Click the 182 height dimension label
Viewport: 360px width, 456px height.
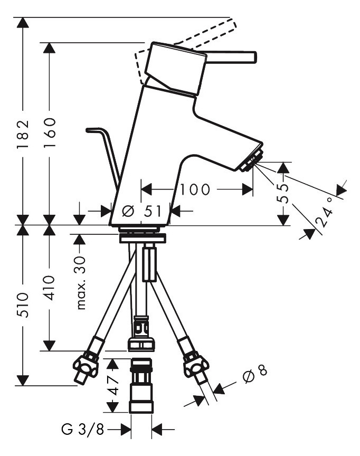click(x=23, y=134)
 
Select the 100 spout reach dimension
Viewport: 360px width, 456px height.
click(x=195, y=189)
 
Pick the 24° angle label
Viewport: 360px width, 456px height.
click(x=325, y=213)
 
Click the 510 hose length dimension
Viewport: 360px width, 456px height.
click(x=23, y=305)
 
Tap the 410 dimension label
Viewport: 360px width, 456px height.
click(x=50, y=288)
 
